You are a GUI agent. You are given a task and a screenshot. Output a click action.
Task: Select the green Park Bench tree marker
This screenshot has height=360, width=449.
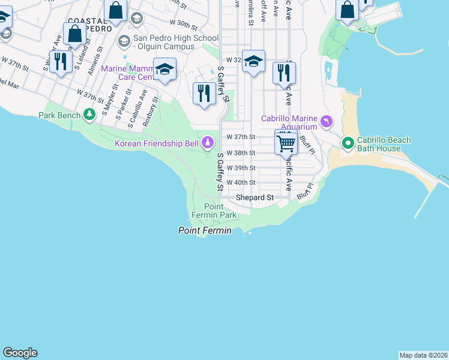pyautogui.click(x=89, y=114)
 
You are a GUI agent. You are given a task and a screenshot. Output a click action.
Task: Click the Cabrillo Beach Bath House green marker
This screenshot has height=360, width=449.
pyautogui.click(x=348, y=143)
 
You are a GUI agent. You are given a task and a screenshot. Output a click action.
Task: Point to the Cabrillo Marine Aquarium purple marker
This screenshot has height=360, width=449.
pyautogui.click(x=326, y=122)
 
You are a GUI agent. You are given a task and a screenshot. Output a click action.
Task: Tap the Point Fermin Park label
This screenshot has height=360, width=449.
pyautogui.click(x=213, y=211)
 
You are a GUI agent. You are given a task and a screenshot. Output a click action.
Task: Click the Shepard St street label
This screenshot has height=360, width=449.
pyautogui.click(x=255, y=197)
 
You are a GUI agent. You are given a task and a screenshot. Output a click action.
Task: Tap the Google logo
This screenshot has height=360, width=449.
pyautogui.click(x=20, y=353)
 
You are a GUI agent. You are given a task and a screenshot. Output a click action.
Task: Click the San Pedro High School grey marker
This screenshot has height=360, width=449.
pyautogui.click(x=124, y=40)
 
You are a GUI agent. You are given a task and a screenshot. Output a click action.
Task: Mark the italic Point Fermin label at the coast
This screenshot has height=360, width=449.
pyautogui.click(x=205, y=230)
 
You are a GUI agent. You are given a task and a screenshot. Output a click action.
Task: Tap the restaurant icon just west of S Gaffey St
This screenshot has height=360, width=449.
pyautogui.click(x=205, y=93)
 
